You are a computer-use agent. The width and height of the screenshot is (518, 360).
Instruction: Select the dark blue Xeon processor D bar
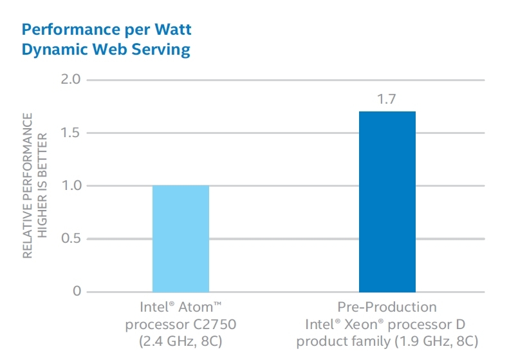[387, 202]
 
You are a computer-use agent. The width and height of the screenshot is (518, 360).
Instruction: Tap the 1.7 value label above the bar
[387, 100]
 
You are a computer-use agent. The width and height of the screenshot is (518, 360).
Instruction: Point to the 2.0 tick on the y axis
[71, 80]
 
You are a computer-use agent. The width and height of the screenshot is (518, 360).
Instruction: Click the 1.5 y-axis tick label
[71, 133]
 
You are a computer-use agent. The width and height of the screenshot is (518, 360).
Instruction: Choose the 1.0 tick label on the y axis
[71, 185]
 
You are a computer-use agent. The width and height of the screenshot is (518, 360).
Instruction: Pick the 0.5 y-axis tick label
[71, 239]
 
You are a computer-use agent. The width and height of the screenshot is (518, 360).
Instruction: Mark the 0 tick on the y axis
[77, 292]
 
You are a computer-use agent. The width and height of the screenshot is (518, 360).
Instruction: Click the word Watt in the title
[172, 30]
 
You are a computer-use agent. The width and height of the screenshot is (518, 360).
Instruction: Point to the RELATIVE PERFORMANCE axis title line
[28, 185]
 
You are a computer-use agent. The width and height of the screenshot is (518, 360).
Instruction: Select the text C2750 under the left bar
[204, 323]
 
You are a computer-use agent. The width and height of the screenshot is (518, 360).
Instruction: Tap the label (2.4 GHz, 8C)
[181, 340]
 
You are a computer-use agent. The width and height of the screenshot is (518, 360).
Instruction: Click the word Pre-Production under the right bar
[387, 307]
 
